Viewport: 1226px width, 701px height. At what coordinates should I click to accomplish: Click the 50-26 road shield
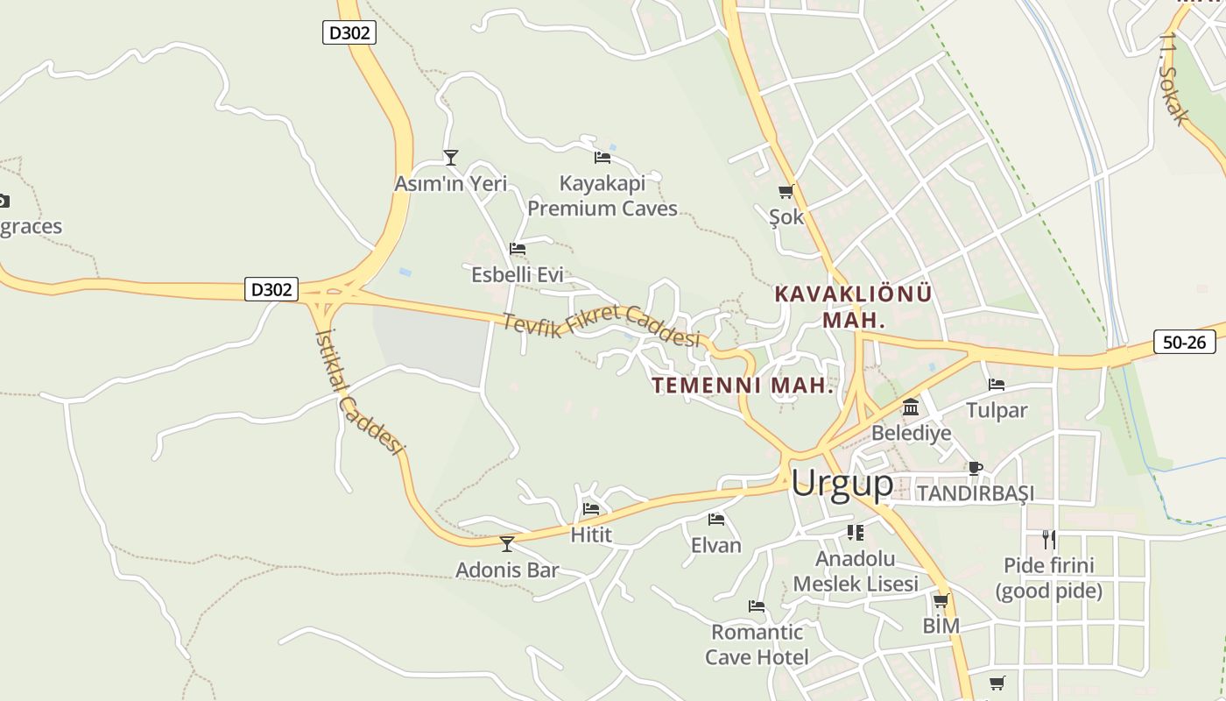click(x=1184, y=342)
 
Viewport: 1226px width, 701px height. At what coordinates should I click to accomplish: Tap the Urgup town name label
click(x=842, y=483)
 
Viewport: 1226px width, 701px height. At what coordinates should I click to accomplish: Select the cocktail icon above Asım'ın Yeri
click(x=451, y=158)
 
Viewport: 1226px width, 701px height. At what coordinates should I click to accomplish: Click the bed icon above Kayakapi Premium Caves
click(x=602, y=158)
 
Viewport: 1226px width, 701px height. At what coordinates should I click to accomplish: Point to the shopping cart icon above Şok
click(x=786, y=191)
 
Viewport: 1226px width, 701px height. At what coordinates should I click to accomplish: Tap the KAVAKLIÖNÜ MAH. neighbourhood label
click(x=853, y=306)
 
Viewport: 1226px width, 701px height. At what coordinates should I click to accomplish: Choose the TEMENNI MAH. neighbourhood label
click(x=743, y=386)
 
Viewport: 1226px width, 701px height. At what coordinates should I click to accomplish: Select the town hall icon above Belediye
click(x=911, y=407)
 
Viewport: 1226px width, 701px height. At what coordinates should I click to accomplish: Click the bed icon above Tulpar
click(x=996, y=385)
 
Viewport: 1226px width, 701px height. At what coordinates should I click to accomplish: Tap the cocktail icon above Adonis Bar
click(x=507, y=544)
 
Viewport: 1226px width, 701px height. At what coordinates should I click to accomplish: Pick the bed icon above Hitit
click(x=591, y=509)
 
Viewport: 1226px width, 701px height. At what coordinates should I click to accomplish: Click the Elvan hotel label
click(x=715, y=545)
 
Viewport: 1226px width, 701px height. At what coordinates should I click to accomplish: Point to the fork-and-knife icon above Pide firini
click(x=1048, y=539)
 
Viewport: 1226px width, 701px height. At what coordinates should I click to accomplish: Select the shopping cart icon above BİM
click(x=941, y=601)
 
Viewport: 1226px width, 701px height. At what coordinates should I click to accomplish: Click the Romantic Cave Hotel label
click(x=757, y=644)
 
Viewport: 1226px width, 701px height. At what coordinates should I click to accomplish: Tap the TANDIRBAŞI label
click(x=975, y=493)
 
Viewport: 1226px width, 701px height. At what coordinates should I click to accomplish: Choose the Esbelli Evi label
click(x=517, y=274)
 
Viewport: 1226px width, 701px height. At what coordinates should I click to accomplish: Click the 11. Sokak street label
click(x=1173, y=79)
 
